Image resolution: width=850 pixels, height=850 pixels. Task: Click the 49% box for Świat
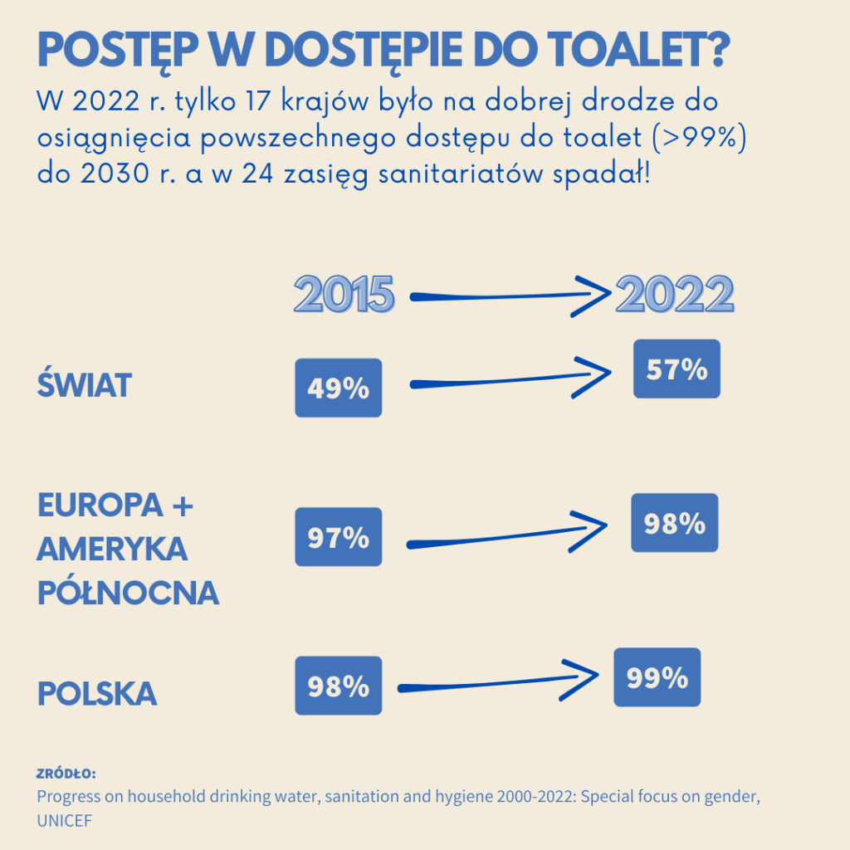point(339,388)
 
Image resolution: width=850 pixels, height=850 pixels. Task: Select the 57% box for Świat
point(677,369)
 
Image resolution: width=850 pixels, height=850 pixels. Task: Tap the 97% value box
point(339,537)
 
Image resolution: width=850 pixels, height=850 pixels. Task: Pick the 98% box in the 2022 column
point(675,523)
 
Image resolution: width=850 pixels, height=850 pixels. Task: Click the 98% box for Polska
point(339,686)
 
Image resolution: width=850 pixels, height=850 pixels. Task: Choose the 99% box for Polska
point(657,677)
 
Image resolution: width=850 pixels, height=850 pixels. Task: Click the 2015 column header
point(344,295)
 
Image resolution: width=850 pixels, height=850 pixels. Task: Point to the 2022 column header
point(675,294)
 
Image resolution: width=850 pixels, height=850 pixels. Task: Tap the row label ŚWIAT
point(85,386)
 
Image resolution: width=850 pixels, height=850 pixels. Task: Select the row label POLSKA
point(97,693)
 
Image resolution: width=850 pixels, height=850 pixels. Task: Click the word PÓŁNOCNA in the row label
point(129,593)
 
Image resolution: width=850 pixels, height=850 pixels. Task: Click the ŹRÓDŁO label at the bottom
point(66,774)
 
